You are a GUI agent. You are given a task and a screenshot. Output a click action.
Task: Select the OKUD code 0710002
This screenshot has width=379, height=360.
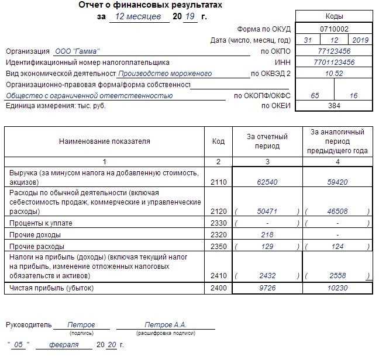(x=334, y=29)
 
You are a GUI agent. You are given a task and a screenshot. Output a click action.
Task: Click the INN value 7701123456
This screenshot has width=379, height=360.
(x=334, y=62)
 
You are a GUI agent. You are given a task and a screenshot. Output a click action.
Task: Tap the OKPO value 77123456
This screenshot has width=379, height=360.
(x=334, y=51)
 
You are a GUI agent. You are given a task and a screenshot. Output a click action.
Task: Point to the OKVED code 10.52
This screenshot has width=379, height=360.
(x=334, y=74)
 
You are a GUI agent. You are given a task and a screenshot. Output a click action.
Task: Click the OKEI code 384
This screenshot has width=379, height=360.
(x=334, y=106)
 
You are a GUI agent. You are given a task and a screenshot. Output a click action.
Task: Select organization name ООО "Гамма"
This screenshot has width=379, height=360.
(x=77, y=51)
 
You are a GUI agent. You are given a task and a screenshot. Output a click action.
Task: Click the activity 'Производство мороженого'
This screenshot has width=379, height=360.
(x=164, y=74)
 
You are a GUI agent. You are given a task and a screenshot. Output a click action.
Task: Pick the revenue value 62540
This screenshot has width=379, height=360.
(x=268, y=182)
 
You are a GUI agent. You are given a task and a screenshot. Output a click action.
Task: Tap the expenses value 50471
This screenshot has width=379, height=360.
(x=268, y=210)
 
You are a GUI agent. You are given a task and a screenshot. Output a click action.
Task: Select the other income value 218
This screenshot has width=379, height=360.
(x=268, y=234)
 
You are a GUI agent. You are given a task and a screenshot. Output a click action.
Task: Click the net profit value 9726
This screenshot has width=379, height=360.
(x=268, y=288)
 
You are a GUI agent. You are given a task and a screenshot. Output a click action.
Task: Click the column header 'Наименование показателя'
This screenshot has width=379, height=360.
(x=105, y=141)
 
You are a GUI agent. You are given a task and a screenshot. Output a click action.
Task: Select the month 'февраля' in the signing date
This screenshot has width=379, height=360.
(x=64, y=345)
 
